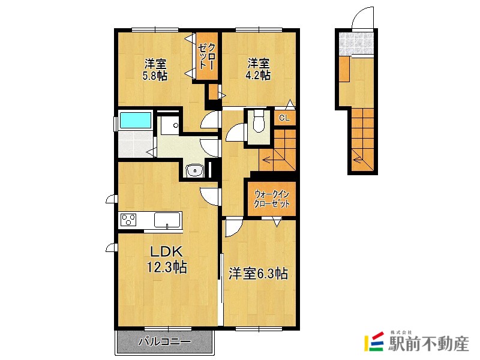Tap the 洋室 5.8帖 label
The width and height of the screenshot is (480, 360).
[154, 70]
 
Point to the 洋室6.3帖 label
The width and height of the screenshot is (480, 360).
[258, 274]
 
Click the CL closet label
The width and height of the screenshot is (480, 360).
[284, 118]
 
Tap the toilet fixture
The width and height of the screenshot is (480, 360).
[259, 123]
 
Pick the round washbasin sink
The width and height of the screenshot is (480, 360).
[194, 172]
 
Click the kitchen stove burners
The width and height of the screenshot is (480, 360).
[129, 220]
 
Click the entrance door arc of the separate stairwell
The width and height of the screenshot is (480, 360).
[362, 18]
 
